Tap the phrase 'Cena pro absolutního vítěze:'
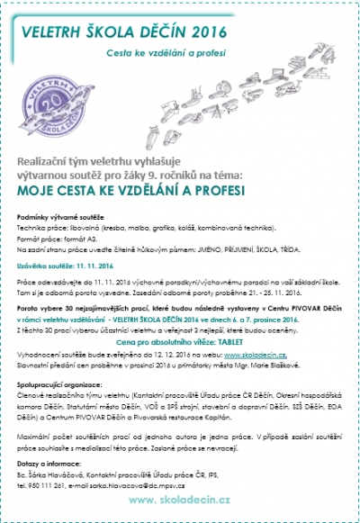pyautogui.click(x=167, y=342)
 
